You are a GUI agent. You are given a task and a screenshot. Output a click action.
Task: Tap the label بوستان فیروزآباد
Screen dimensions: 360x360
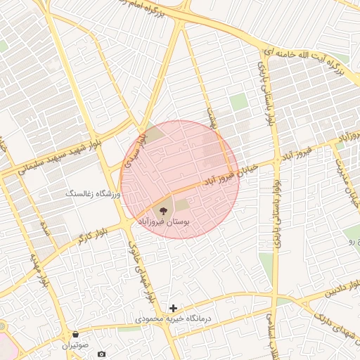[x=164, y=221]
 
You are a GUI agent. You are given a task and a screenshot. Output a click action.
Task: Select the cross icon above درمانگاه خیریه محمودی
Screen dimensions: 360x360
[x=173, y=308]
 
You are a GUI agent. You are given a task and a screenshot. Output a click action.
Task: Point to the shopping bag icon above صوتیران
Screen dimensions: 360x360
[x=75, y=334]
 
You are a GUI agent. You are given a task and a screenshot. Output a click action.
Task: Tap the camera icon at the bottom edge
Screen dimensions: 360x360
[x=102, y=354]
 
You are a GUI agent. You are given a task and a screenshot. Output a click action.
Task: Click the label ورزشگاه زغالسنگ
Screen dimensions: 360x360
[x=91, y=192]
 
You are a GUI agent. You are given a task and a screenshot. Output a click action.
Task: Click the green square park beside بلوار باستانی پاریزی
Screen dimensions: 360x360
[x=239, y=102]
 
